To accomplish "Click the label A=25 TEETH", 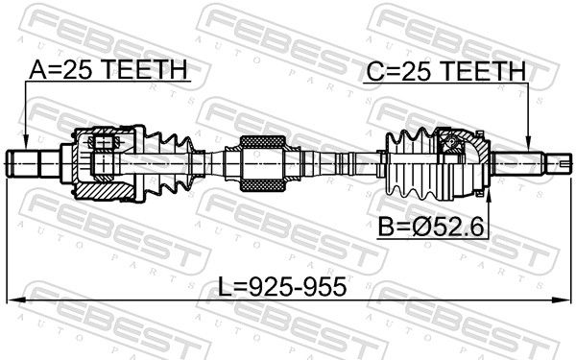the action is pos(108,69).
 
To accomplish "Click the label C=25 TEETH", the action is pos(446,71).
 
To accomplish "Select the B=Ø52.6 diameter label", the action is pos(431,227).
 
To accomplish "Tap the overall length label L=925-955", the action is pos(282,286).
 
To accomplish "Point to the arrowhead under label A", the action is pos(25,142).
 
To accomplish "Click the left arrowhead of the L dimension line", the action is pos(15,300).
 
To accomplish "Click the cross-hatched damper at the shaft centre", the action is pos(262,163).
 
